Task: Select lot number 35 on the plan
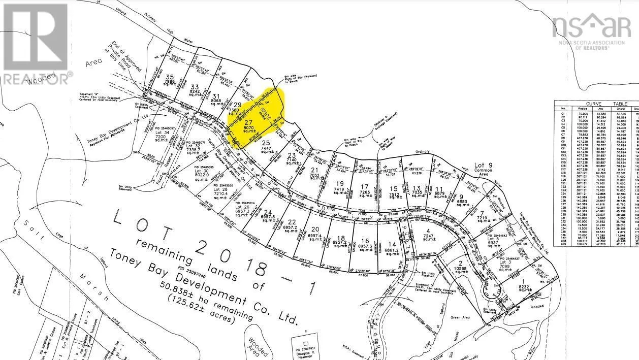(170, 77)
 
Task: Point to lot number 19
(340, 183)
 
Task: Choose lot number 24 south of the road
(268, 212)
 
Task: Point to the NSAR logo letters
(591, 25)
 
